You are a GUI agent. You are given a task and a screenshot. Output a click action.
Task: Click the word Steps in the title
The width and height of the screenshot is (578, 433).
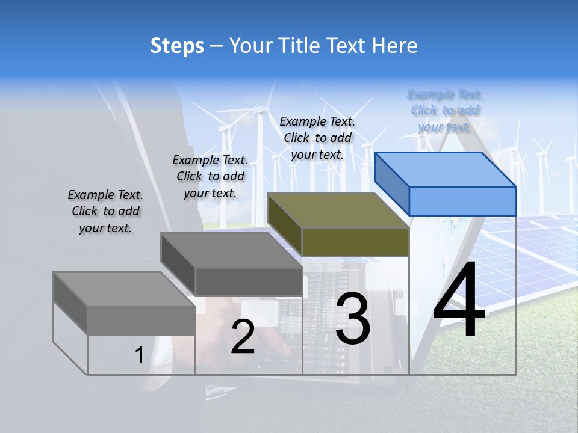pos(177,46)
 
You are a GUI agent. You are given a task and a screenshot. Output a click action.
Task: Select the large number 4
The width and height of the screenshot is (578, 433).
pos(459,300)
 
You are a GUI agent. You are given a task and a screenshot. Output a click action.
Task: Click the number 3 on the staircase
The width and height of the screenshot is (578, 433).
pos(353,319)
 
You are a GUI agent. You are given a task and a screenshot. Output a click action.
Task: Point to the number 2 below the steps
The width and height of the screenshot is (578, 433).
pos(243,337)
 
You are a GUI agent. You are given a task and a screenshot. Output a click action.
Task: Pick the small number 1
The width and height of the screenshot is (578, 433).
pos(139,355)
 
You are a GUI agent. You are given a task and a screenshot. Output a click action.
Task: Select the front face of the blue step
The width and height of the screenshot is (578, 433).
pos(462,201)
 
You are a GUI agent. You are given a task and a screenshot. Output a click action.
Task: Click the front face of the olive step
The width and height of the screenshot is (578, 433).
pos(355,242)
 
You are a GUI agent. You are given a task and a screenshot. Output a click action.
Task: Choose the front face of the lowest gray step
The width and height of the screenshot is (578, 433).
pos(141,320)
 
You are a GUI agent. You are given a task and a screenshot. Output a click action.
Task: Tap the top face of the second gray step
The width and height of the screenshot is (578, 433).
pos(232,250)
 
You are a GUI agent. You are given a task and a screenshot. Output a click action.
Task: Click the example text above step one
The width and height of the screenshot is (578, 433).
pos(105,212)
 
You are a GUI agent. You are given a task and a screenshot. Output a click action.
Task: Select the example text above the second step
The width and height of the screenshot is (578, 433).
pos(210,177)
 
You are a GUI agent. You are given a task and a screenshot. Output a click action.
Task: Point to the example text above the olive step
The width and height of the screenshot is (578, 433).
pos(317,138)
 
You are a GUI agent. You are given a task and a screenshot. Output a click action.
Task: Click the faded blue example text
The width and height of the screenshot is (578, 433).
pos(445,111)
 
